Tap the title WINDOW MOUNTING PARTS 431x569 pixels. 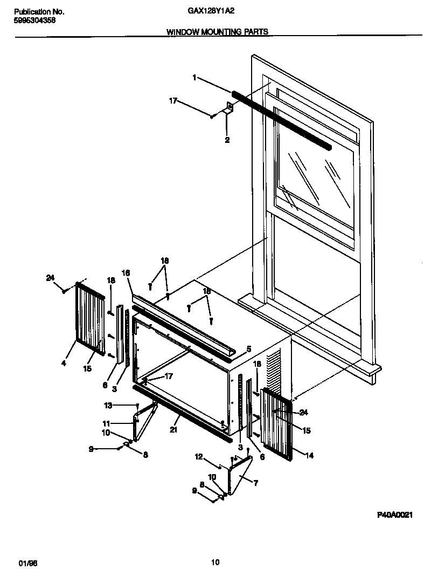point(217,32)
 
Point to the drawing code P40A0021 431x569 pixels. point(394,515)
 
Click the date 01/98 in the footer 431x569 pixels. point(25,563)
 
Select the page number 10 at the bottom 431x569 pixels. point(215,563)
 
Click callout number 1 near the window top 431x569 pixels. point(194,78)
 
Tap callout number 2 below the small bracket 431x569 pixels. point(227,140)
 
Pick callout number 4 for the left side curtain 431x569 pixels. point(64,364)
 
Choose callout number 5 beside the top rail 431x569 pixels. point(248,349)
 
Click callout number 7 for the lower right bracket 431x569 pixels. point(256,483)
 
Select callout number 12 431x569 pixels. point(198,457)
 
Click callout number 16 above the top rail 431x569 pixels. point(126,273)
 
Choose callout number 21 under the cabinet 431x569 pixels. point(173,429)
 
